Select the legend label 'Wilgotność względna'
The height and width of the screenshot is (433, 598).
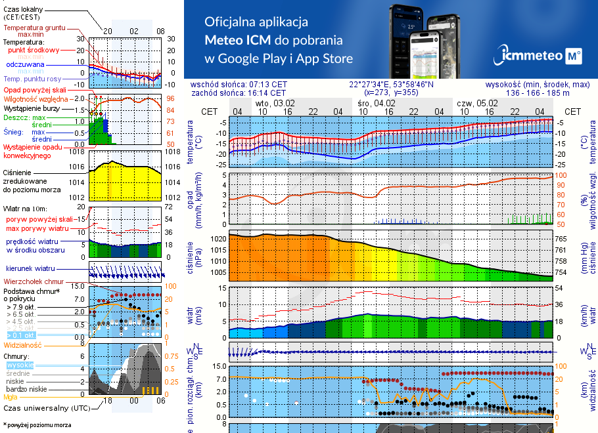point(35,98)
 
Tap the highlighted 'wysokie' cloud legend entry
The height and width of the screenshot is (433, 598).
point(19,365)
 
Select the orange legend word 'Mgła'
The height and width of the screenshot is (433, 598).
point(11,397)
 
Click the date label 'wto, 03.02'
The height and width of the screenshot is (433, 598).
point(275,103)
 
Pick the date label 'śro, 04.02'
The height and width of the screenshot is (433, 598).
point(377,103)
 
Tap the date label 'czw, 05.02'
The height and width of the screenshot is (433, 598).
point(477,103)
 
